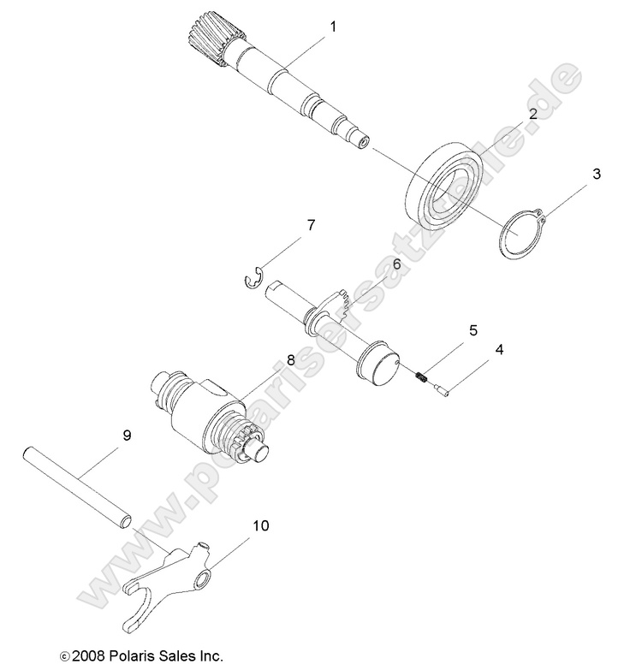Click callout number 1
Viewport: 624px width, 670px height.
point(332,27)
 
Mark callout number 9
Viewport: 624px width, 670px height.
point(127,436)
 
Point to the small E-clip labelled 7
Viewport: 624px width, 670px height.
point(250,279)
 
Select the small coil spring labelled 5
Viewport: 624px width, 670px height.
point(422,377)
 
